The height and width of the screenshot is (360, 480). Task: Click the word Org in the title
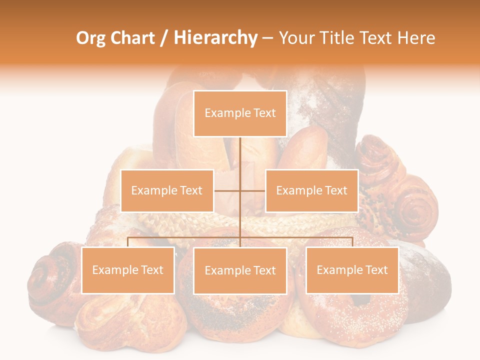click(90, 38)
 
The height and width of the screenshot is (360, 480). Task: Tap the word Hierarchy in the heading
click(215, 38)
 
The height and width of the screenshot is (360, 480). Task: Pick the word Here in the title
click(416, 38)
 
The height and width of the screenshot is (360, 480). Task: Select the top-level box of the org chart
click(240, 113)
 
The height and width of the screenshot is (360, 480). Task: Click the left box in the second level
click(167, 190)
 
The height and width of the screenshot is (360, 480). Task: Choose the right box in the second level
click(311, 190)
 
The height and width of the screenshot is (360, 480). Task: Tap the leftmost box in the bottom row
click(128, 270)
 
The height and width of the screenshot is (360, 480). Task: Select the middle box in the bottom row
click(240, 270)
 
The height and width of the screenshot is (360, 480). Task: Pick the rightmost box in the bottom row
click(352, 270)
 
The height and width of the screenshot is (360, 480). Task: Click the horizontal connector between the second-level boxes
click(227, 190)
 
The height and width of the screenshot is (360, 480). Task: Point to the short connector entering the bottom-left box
click(128, 242)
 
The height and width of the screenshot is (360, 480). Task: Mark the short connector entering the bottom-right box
click(352, 242)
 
